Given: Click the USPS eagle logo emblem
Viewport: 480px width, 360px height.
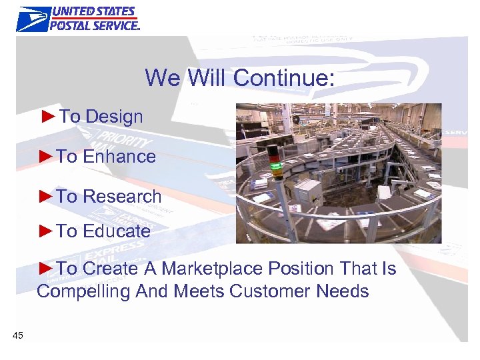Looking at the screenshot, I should [33, 19].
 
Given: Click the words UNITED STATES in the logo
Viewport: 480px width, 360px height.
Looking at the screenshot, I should [93, 12].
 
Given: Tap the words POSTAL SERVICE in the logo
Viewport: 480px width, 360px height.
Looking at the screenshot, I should [95, 25].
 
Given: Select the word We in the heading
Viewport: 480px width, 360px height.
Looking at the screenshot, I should [162, 78].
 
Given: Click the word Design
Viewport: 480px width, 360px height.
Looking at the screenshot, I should [114, 117].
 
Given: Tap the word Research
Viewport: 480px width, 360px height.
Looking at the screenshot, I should [122, 197].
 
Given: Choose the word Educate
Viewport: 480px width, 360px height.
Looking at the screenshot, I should [117, 231].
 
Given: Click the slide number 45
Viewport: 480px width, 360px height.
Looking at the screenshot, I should [18, 335].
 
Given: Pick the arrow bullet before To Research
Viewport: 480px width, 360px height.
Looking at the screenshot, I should [45, 196].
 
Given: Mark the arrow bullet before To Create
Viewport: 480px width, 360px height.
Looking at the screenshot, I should [45, 268].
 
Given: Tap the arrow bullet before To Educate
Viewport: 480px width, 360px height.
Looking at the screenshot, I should [45, 231].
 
